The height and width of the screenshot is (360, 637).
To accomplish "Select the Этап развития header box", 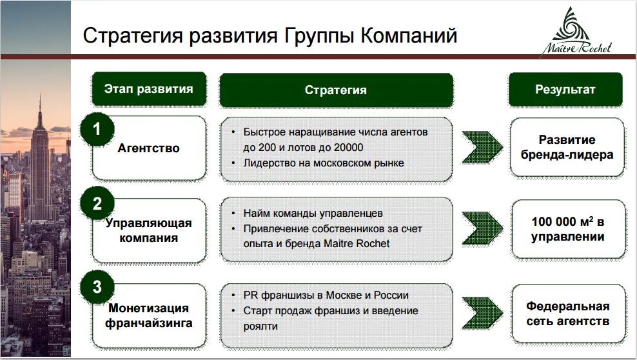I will [149, 89].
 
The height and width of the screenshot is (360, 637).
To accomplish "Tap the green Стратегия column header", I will [335, 90].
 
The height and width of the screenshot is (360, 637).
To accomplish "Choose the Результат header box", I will [565, 90].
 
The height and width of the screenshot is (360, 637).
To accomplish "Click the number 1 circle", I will [97, 129].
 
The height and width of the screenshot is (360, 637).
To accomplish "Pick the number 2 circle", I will [97, 205].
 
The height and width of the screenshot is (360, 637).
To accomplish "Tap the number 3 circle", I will [97, 288].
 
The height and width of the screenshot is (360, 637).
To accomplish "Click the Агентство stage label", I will [149, 148].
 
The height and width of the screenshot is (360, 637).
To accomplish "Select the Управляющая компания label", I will [149, 230].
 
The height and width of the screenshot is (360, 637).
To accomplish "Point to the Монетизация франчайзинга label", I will [150, 315].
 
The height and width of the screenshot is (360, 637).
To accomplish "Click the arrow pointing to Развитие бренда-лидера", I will [482, 148].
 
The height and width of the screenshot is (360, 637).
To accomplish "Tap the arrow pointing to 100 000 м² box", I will [482, 230].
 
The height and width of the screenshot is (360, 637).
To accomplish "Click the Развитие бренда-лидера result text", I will [567, 148].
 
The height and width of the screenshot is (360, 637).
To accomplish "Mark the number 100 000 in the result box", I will [553, 222].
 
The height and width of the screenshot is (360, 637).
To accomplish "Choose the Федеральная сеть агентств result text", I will [567, 314].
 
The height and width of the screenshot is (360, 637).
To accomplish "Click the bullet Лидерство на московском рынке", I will [323, 163].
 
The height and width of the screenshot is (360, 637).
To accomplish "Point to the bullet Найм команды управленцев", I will [313, 212].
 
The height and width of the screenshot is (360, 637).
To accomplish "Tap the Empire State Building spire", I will [39, 106].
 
